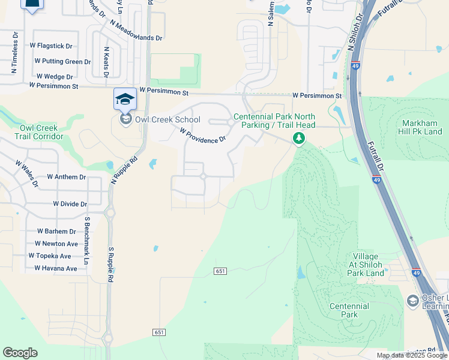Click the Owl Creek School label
(x=167, y=119)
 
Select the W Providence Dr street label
(x=203, y=135)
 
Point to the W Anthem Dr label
(x=67, y=178)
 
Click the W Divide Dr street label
(x=70, y=204)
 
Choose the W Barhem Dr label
(x=56, y=232)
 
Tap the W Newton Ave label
(x=56, y=244)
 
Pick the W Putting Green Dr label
(x=62, y=61)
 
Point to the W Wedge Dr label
(x=55, y=77)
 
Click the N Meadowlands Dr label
(x=137, y=31)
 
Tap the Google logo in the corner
(x=20, y=353)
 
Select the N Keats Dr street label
(x=106, y=61)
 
